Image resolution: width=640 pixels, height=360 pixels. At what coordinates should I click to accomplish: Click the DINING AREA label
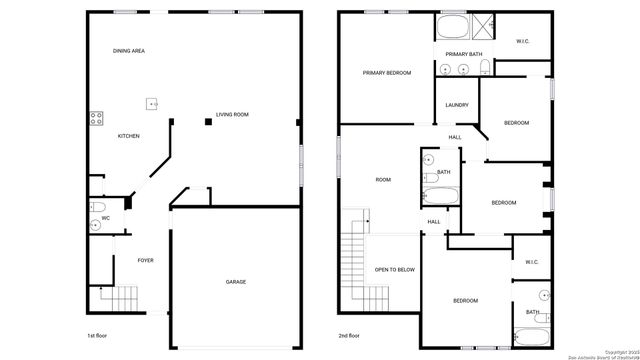(x=129, y=50)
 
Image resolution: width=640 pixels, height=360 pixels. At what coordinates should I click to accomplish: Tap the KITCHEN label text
(x=129, y=136)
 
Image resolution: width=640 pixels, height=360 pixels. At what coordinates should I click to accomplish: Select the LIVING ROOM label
(x=233, y=115)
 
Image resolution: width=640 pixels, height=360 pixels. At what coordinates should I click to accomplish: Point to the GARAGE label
(x=236, y=282)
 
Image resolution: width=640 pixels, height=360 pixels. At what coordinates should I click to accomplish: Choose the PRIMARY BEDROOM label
(x=386, y=73)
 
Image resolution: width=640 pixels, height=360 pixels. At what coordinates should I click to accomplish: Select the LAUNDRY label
(x=458, y=104)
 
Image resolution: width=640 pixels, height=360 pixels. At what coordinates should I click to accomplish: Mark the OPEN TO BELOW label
(x=394, y=270)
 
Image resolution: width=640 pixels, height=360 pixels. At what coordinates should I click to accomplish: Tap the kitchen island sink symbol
(x=152, y=102)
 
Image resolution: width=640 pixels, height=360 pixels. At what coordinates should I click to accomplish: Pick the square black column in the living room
(x=209, y=122)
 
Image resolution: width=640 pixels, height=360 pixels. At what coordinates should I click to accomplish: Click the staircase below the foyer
(x=119, y=297)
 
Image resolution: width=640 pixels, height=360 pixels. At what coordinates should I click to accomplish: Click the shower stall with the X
(x=485, y=27)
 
